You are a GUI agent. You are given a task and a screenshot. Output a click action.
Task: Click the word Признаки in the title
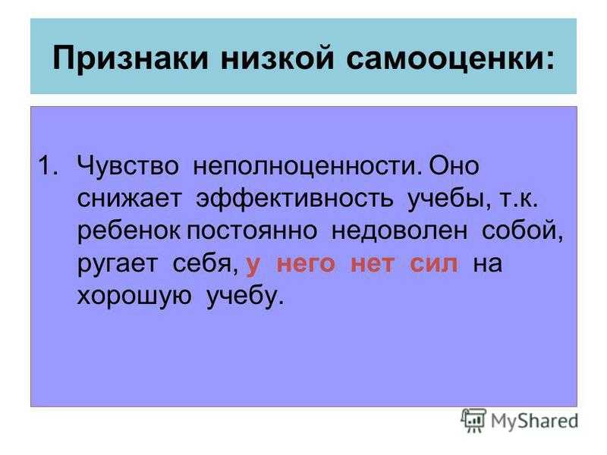pyautogui.click(x=131, y=59)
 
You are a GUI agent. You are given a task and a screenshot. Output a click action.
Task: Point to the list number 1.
pyautogui.click(x=49, y=165)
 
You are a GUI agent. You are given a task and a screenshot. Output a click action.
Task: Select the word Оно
pyautogui.click(x=454, y=165)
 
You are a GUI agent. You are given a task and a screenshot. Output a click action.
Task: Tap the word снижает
pyautogui.click(x=129, y=199)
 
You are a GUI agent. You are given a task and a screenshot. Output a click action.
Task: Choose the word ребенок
pyautogui.click(x=128, y=231)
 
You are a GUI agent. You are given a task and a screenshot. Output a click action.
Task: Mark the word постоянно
pyautogui.click(x=253, y=231)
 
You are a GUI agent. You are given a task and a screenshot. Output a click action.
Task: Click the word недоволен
pyautogui.click(x=400, y=232)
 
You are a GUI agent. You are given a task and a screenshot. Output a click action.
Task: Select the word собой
pyautogui.click(x=523, y=231)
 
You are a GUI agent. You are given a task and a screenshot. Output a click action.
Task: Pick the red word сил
pyautogui.click(x=434, y=264)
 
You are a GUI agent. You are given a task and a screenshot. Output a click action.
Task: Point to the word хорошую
pyautogui.click(x=134, y=297)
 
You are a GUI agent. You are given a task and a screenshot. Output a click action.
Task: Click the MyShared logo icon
pyautogui.click(x=473, y=420)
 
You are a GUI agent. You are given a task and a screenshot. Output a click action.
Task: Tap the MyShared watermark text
pyautogui.click(x=535, y=421)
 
